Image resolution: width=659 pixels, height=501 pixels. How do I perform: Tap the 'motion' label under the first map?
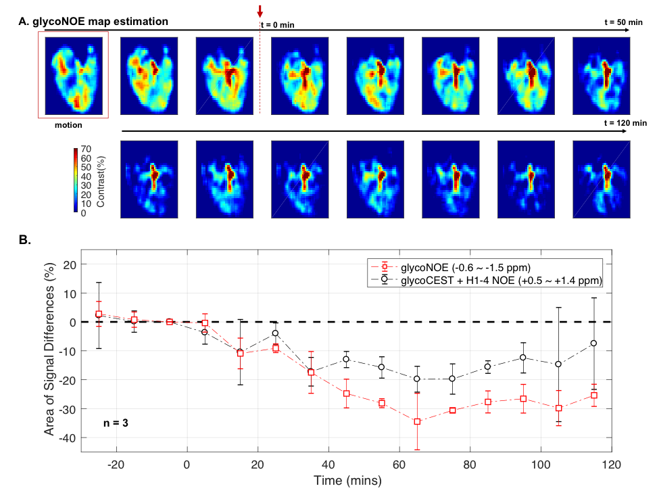(69, 124)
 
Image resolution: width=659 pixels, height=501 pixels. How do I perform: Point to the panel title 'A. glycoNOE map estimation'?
(93, 22)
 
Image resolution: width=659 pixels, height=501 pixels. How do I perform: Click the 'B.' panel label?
(26, 239)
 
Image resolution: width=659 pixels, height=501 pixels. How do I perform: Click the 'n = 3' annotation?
(116, 423)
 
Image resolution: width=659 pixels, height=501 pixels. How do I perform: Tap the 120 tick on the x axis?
(612, 466)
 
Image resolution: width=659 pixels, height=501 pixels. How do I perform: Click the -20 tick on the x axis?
(116, 466)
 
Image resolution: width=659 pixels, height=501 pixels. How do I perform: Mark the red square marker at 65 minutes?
(417, 422)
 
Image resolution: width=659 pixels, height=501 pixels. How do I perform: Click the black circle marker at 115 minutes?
(594, 343)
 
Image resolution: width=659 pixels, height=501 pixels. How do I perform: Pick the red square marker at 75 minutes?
(452, 410)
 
